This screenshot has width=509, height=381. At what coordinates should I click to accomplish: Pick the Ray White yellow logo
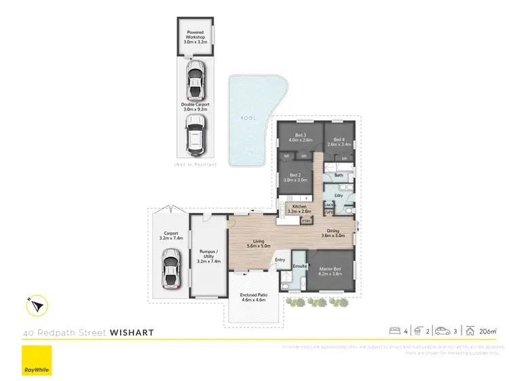(x=37, y=361)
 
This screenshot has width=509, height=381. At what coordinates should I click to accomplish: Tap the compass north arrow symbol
(x=37, y=306)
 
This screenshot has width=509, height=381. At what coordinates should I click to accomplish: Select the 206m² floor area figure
(x=487, y=332)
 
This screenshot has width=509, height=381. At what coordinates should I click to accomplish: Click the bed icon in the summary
(x=394, y=332)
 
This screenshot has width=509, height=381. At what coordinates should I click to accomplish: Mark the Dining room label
(x=337, y=233)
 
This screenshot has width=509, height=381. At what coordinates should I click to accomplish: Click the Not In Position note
(x=195, y=165)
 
